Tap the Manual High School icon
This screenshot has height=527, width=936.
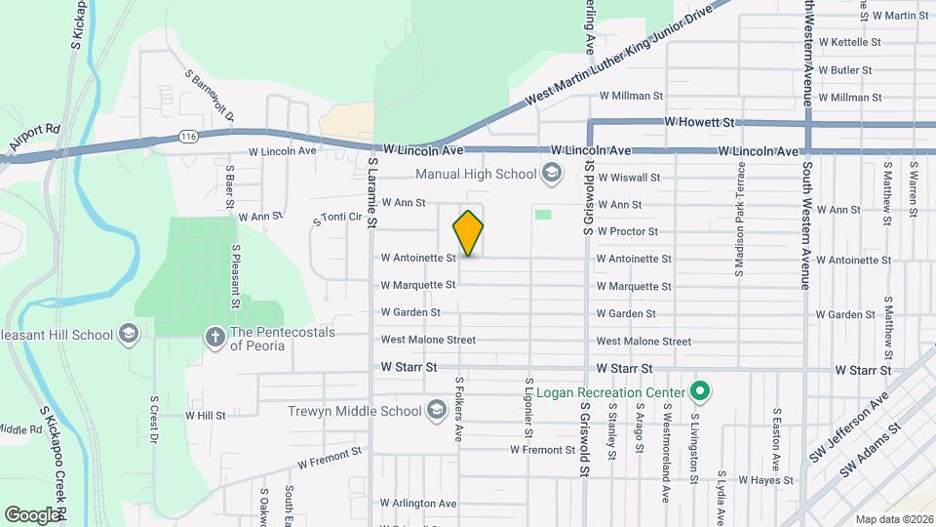click(x=552, y=175)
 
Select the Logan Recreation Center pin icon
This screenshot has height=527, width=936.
click(x=699, y=392)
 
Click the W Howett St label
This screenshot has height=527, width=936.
click(x=697, y=123)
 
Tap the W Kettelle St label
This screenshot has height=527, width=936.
click(x=849, y=43)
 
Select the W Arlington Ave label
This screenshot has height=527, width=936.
click(x=419, y=504)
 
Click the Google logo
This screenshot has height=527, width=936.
click(x=32, y=514)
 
